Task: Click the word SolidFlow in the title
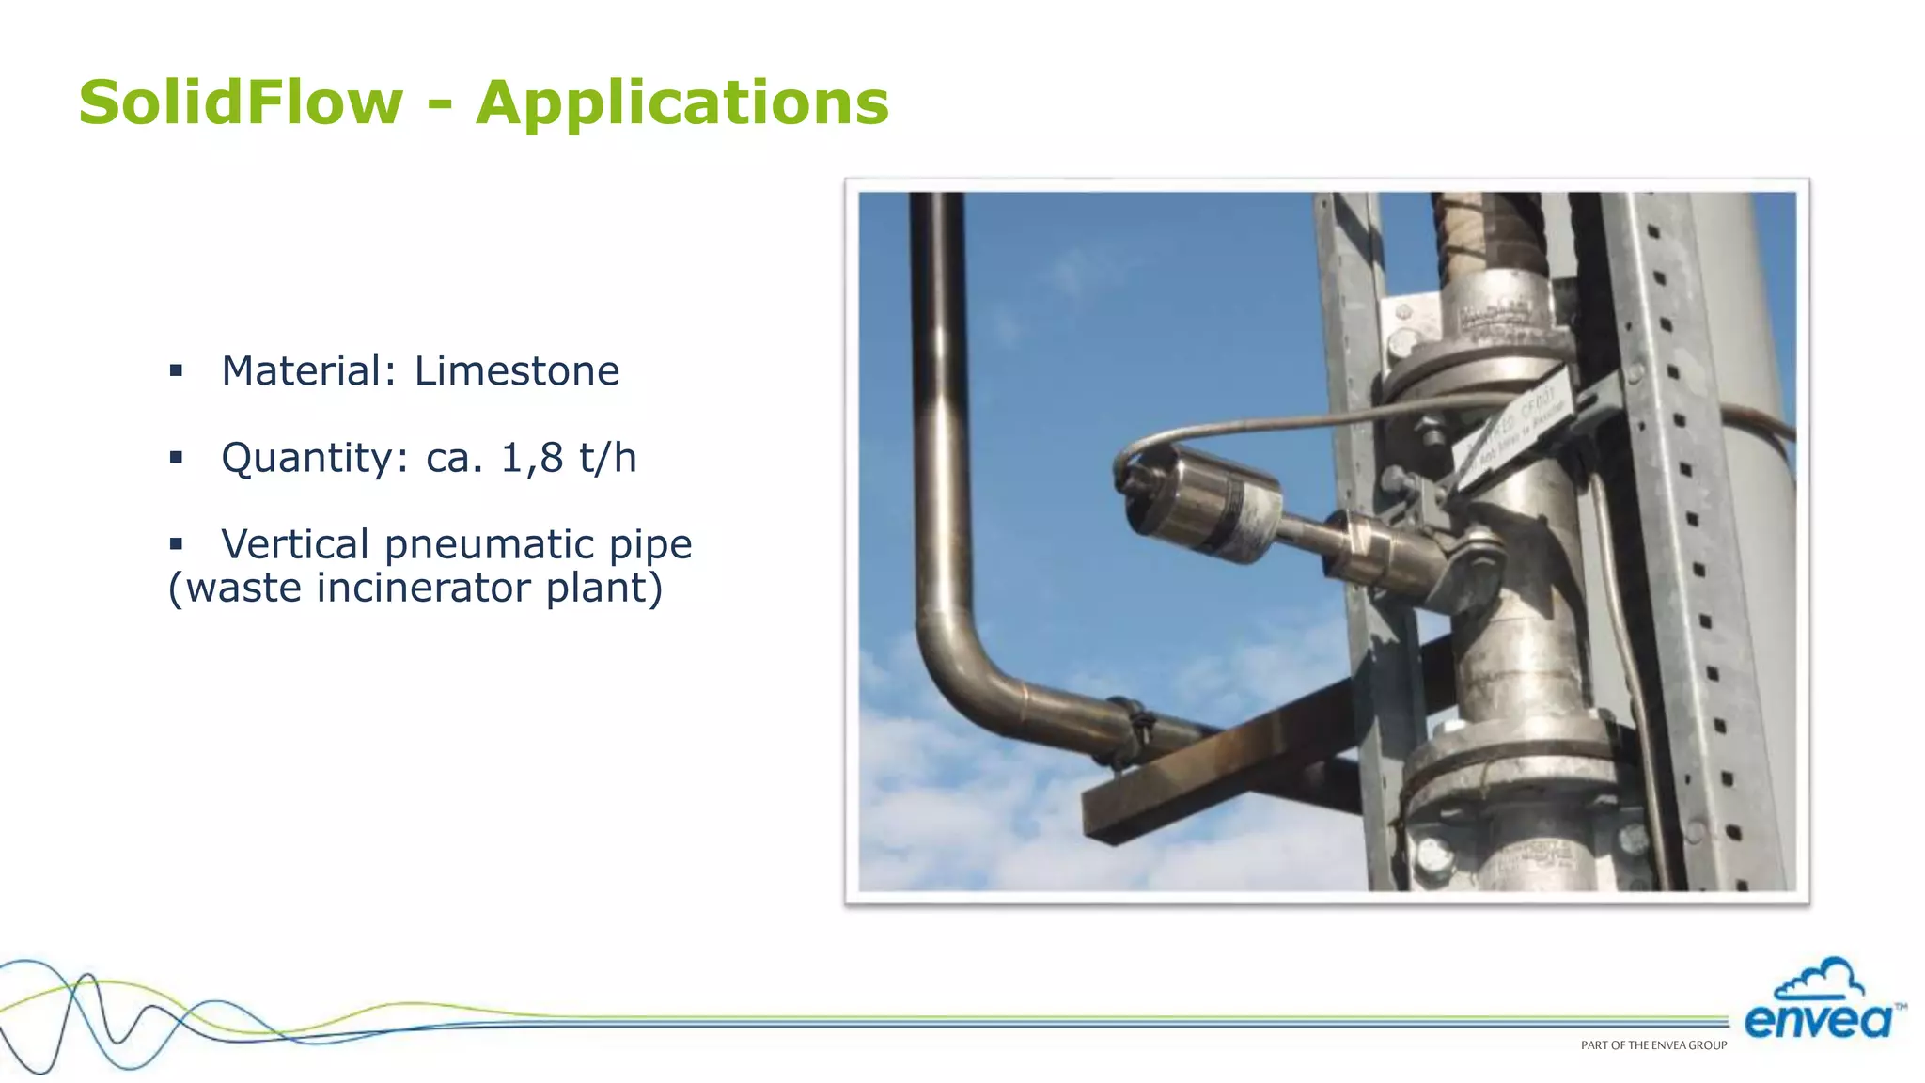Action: (x=241, y=102)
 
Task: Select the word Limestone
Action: (x=516, y=370)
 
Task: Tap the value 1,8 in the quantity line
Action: (x=533, y=458)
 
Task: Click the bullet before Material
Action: (x=176, y=370)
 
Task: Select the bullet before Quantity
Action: (x=176, y=458)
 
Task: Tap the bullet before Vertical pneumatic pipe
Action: (x=176, y=544)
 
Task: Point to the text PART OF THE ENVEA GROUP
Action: (x=1653, y=1045)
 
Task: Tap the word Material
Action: (x=309, y=370)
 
